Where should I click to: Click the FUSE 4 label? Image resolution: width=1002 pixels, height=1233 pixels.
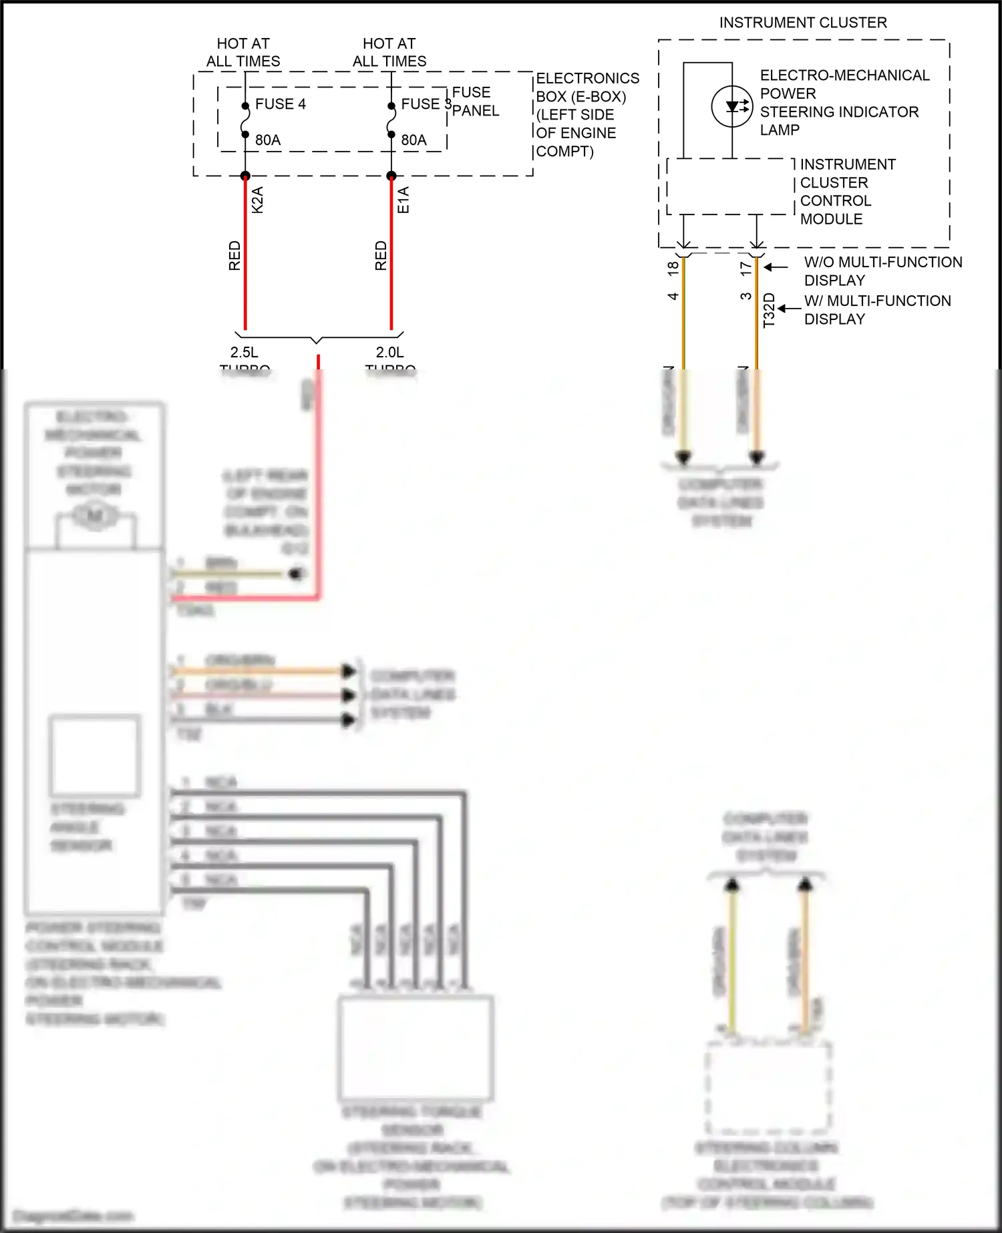280,104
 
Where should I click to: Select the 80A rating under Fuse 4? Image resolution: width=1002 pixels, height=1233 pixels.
268,140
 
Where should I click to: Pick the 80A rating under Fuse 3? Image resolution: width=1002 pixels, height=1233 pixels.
413,140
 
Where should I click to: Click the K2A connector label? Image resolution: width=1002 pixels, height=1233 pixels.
258,200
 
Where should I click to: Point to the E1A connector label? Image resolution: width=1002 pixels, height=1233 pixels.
403,200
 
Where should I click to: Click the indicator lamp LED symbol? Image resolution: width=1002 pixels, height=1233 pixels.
732,106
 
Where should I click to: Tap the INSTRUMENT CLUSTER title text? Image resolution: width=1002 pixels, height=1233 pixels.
803,23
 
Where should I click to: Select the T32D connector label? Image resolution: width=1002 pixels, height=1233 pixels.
769,311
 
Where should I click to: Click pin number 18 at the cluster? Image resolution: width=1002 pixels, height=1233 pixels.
673,269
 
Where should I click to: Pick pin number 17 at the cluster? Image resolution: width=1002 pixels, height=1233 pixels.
746,269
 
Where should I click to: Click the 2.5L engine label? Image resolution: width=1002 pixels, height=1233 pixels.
244,352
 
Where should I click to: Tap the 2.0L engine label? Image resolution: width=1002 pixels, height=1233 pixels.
390,352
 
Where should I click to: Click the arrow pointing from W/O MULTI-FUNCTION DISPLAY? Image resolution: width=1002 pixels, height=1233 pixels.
776,267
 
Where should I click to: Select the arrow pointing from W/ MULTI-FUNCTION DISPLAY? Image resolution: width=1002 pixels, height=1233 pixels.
789,309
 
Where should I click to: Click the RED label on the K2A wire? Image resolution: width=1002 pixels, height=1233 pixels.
234,256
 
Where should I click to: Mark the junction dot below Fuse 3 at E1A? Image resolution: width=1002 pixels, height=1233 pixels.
391,176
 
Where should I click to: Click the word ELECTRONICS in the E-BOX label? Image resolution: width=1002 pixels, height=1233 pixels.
587,78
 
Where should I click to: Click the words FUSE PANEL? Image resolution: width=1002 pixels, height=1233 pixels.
475,102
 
